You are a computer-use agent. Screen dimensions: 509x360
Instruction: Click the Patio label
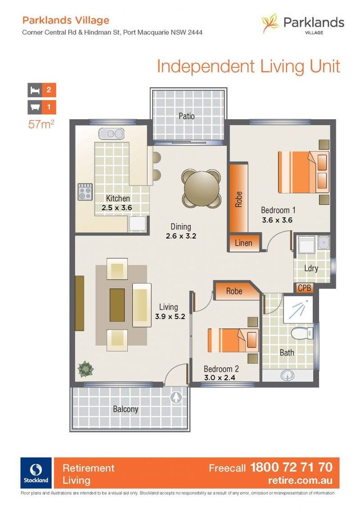187,116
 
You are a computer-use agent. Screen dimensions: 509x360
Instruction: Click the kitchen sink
111,134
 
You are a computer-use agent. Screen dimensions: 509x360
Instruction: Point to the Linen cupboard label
244,243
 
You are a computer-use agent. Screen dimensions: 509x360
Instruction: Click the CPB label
304,288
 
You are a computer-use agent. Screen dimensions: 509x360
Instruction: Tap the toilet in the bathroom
300,334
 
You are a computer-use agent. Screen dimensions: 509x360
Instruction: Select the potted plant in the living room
85,368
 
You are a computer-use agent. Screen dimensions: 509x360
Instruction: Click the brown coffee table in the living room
117,304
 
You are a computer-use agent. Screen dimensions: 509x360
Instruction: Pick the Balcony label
125,409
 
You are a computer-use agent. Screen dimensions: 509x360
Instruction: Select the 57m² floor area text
41,125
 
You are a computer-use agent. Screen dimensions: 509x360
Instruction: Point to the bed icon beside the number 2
34,90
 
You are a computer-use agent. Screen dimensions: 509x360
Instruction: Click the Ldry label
311,269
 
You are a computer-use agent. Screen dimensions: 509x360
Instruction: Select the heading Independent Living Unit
248,66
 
